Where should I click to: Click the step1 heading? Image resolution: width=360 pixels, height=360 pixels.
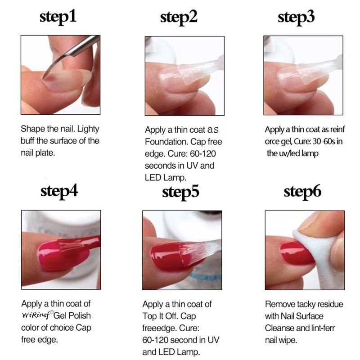58,18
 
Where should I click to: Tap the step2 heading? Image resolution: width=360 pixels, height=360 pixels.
179,18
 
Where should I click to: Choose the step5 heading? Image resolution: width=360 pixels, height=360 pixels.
180,192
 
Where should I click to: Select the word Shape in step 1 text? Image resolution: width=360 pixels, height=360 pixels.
33,129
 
